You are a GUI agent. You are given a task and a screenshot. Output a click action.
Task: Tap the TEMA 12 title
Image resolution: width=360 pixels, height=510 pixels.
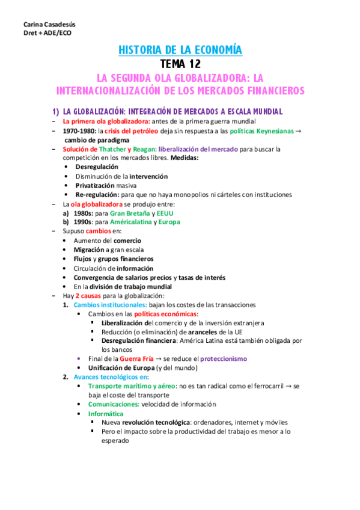tap(181, 64)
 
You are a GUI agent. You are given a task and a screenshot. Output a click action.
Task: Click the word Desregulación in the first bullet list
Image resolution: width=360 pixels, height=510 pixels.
tap(97, 167)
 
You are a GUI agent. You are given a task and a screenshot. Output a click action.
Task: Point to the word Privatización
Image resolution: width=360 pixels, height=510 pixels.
tap(97, 185)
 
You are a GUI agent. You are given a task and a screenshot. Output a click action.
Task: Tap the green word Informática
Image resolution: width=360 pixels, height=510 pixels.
tap(106, 414)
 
